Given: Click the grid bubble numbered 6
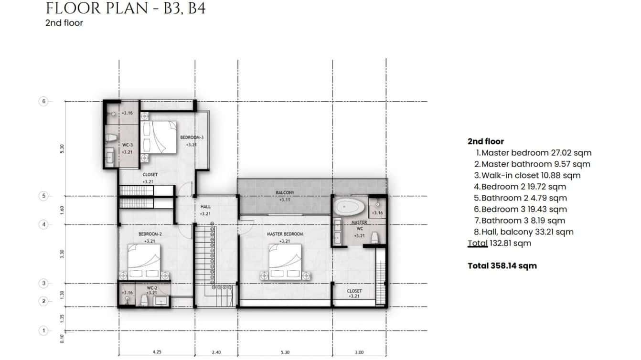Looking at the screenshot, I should point(43,101).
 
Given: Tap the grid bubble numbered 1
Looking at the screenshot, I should point(43,330).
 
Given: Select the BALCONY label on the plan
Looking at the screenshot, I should point(285,192).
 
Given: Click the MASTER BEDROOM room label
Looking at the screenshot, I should point(285,234).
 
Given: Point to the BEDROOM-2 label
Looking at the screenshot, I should point(150,234).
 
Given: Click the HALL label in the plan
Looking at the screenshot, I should point(205,207).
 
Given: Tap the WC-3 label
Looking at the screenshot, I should point(127,145).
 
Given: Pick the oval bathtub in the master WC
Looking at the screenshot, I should point(348,208).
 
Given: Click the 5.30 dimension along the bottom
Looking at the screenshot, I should point(286,352).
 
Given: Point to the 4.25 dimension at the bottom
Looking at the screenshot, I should point(157,352).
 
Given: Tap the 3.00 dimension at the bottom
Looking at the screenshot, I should point(359,352).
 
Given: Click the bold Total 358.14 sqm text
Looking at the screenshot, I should point(502,265).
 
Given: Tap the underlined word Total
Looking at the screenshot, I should point(478,243).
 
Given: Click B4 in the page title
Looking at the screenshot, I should point(197,8).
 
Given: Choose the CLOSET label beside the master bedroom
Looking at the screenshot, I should point(354,291).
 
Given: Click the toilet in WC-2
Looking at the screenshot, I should point(144,299).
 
